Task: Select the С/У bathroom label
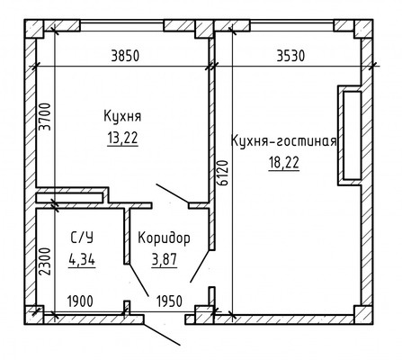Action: point(80,238)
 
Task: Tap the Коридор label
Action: point(164,238)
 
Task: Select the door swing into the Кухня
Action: point(172,192)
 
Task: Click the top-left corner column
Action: point(35,31)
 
